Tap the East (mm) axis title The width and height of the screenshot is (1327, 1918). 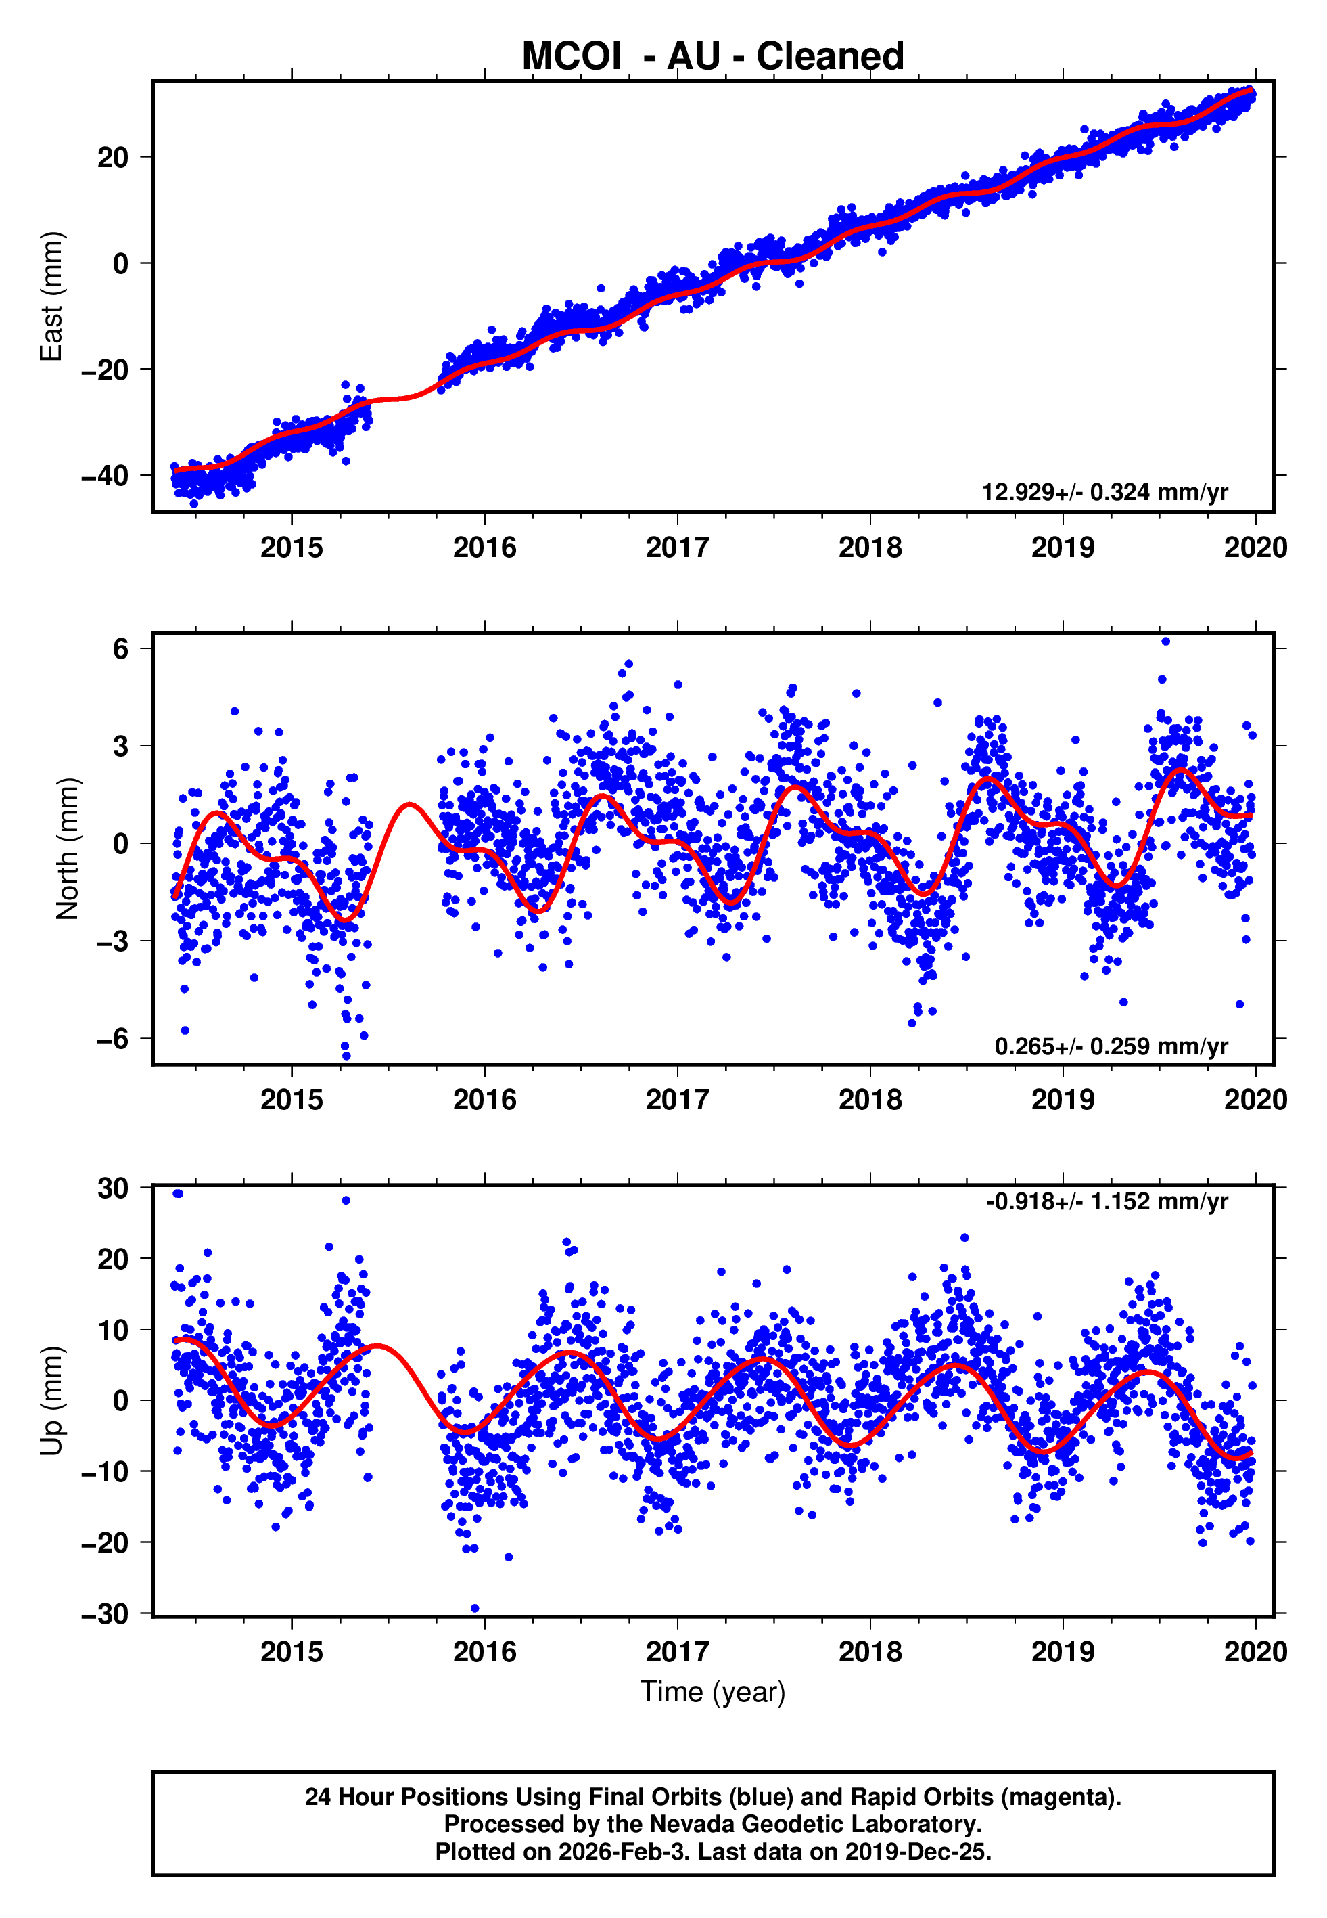click(51, 296)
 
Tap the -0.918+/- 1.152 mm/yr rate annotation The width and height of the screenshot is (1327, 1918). click(1107, 1201)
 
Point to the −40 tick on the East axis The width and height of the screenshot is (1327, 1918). click(105, 476)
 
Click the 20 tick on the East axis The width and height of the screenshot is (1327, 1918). click(113, 157)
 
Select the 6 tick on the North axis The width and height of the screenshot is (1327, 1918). click(121, 649)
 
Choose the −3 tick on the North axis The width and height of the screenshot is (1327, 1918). click(112, 941)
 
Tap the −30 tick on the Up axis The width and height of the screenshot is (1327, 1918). click(105, 1613)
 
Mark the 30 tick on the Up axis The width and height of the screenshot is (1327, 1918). click(113, 1188)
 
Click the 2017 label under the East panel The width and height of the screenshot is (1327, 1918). click(677, 548)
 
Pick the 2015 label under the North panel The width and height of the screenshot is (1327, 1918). click(291, 1100)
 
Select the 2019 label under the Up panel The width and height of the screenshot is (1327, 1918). click(1063, 1651)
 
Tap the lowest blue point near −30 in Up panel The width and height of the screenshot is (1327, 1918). click(475, 1608)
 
